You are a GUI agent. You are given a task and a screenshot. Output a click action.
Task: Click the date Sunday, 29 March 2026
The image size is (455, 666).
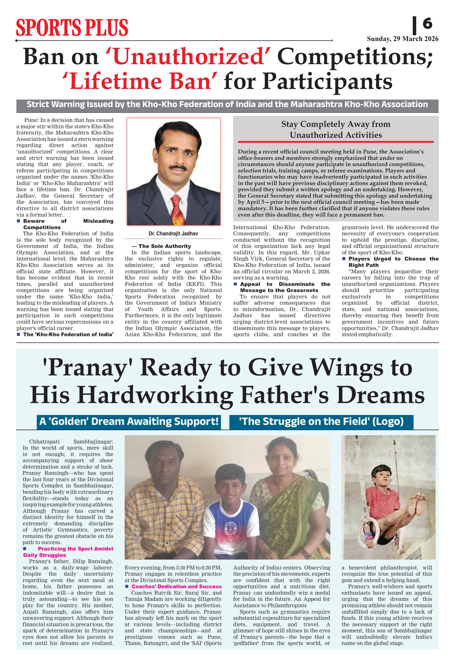click(x=403, y=39)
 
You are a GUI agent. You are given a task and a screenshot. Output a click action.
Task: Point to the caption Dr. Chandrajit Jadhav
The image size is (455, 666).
click(x=173, y=233)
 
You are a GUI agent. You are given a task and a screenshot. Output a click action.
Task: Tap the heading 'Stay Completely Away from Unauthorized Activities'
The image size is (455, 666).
click(x=336, y=130)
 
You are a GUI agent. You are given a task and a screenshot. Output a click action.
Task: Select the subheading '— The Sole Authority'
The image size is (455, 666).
click(x=161, y=246)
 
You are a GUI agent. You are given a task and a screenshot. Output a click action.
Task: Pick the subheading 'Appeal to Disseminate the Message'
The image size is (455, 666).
click(x=282, y=287)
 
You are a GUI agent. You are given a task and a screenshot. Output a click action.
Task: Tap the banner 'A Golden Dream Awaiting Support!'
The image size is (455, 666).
click(x=129, y=422)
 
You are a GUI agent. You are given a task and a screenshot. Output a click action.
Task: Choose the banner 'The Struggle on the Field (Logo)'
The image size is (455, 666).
click(x=321, y=422)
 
